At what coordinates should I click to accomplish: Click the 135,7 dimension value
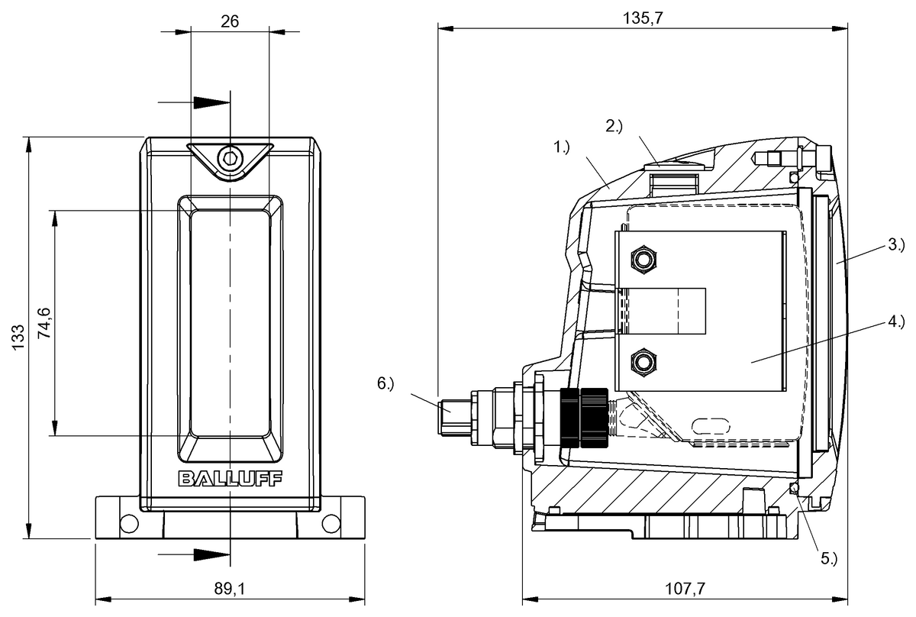pos(643,19)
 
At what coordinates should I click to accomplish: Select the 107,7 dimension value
pos(684,589)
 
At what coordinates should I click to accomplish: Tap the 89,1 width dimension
pos(230,589)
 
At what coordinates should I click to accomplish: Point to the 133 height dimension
pos(18,337)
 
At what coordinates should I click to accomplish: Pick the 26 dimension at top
pos(230,21)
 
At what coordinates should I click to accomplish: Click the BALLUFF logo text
pos(230,479)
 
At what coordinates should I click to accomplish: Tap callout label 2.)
pos(614,127)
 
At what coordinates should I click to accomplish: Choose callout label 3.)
pos(895,245)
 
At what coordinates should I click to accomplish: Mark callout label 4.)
pos(895,321)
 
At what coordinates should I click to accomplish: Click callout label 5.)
pos(829,558)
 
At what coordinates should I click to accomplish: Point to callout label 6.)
pos(385,383)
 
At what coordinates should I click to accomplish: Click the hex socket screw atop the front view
pos(229,159)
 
